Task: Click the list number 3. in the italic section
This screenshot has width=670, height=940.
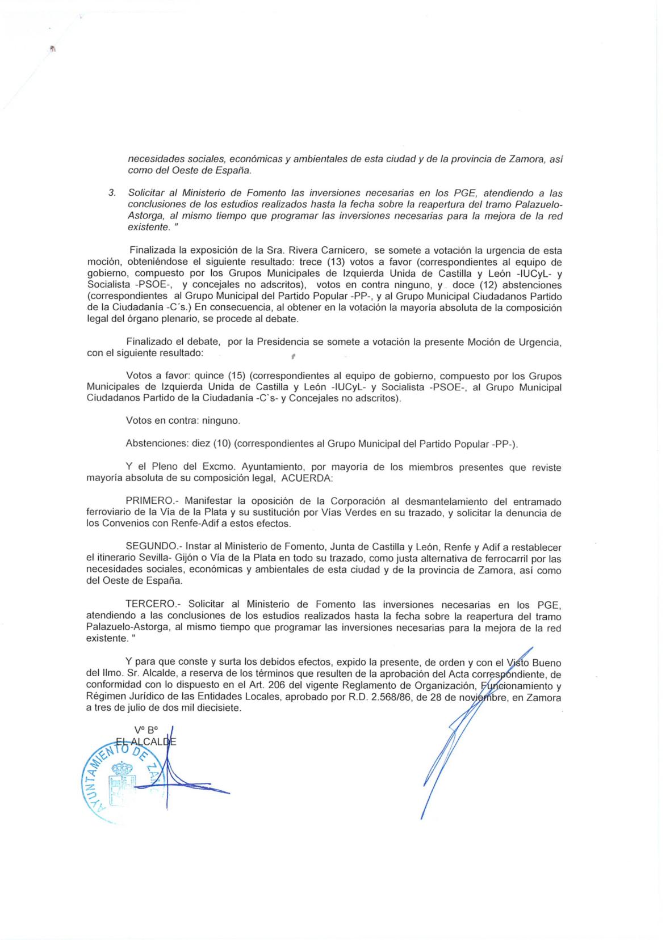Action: pos(112,193)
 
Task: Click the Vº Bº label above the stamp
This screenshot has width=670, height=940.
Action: pos(145,731)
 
